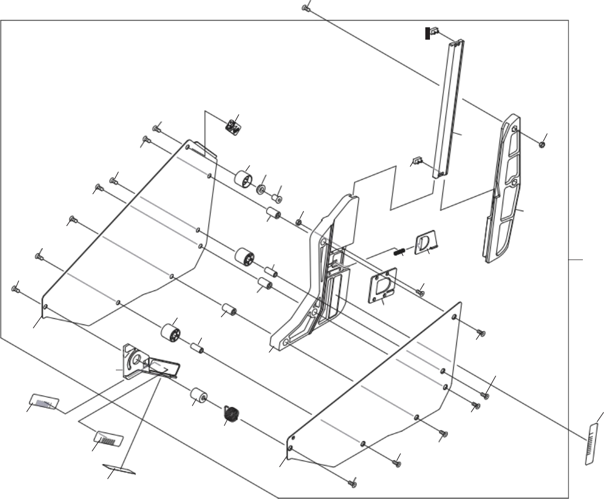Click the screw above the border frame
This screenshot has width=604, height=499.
(x=305, y=8)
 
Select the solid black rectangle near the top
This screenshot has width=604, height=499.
(x=427, y=33)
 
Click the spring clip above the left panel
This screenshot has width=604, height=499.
(x=233, y=127)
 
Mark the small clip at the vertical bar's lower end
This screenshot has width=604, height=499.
(x=418, y=161)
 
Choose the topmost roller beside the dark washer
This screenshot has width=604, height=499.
(x=243, y=181)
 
